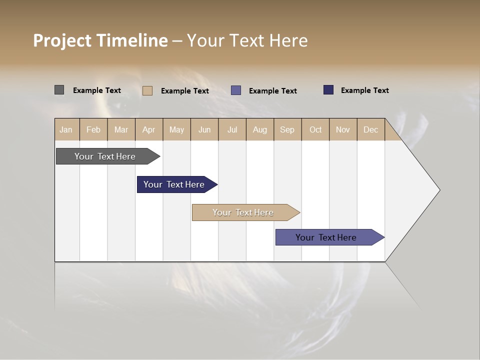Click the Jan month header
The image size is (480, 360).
tap(66, 129)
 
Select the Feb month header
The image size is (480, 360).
tap(93, 129)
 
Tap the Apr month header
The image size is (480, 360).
tap(149, 129)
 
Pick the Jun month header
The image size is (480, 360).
tap(204, 129)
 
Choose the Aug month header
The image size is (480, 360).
tap(260, 129)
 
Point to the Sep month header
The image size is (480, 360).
tap(287, 129)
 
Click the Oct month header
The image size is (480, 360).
tap(315, 129)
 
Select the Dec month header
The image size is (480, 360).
tap(371, 129)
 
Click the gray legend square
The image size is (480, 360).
tap(59, 90)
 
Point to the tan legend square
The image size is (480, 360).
tap(147, 90)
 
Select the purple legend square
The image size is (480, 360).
tap(236, 90)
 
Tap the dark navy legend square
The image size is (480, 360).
tap(328, 90)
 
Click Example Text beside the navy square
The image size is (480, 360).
tap(364, 90)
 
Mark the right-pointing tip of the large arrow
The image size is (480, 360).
tap(439, 190)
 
